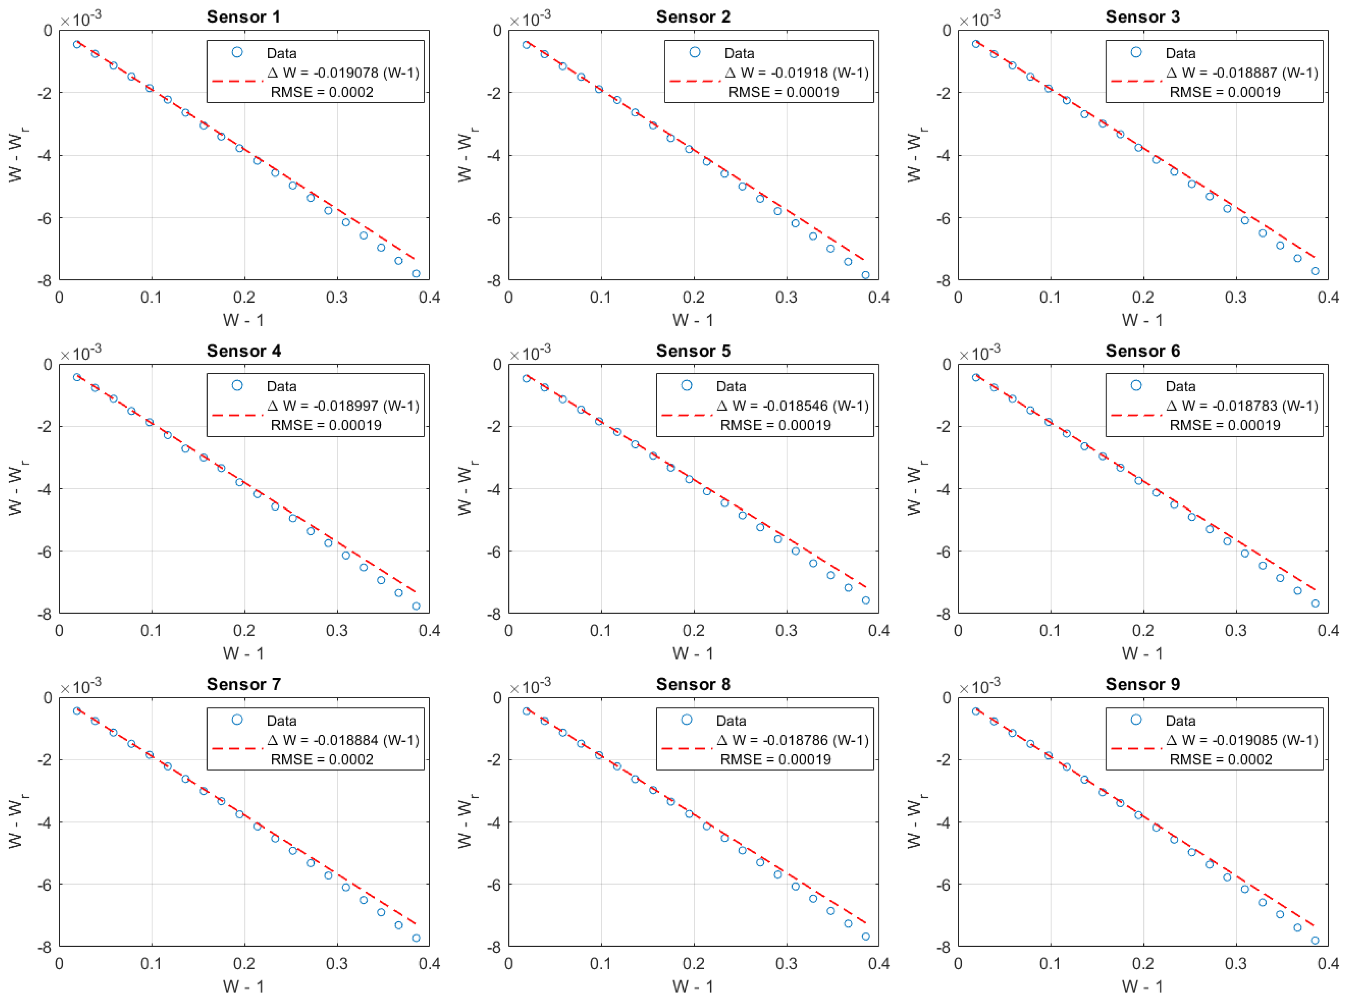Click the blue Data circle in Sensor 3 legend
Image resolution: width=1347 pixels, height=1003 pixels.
1136,52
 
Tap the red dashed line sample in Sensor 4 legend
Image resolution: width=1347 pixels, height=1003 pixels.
237,415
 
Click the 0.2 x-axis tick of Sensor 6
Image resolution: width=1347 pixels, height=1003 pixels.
1143,630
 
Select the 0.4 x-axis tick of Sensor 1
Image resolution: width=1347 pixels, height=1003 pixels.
429,297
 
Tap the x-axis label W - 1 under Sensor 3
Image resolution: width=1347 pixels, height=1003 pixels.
1142,320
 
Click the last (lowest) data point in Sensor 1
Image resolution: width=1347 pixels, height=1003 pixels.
416,274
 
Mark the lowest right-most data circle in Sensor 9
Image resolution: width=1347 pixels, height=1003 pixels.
1315,940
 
